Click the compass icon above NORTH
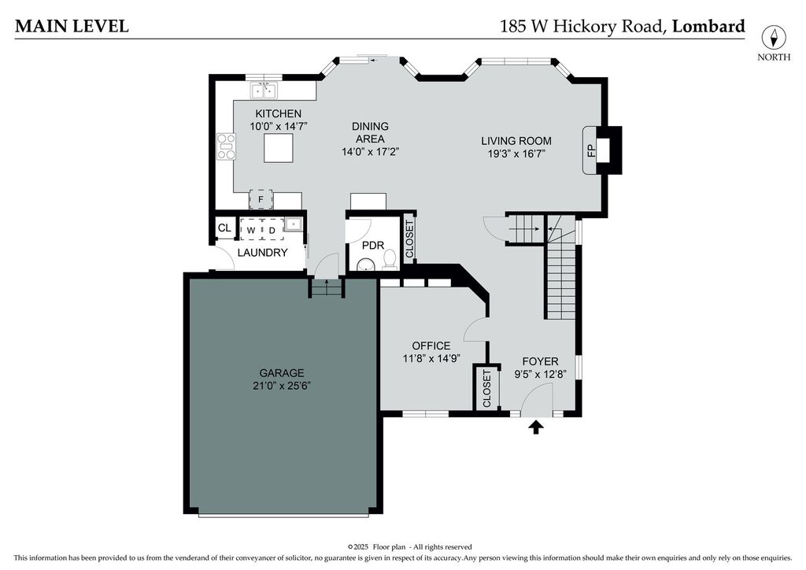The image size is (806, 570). click(x=774, y=38)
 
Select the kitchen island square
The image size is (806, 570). click(x=279, y=147)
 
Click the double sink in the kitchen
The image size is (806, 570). click(x=264, y=91)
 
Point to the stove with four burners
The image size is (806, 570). click(x=226, y=146)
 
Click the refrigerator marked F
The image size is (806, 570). click(x=261, y=199)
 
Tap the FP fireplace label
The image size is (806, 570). click(x=591, y=150)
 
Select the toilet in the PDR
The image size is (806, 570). click(x=390, y=260)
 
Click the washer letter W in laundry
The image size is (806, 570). click(x=251, y=230)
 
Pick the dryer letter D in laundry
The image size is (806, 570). click(x=272, y=230)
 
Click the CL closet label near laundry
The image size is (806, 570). click(x=224, y=228)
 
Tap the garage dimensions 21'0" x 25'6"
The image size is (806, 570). click(x=282, y=386)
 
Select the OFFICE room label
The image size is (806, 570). click(x=431, y=346)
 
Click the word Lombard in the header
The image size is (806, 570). click(x=708, y=26)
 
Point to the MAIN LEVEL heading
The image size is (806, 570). click(x=72, y=26)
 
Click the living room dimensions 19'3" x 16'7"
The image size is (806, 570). click(x=516, y=154)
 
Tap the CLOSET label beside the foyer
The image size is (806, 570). click(x=486, y=389)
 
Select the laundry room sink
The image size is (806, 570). click(x=294, y=224)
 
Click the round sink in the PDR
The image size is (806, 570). click(x=365, y=266)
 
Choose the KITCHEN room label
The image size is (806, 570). click(x=279, y=113)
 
